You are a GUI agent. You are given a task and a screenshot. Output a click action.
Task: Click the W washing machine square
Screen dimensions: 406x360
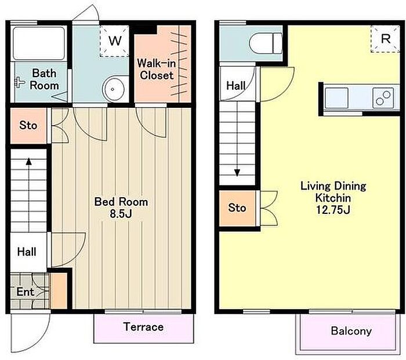pos(114,41)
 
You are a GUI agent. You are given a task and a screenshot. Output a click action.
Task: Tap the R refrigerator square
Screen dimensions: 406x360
pos(385,39)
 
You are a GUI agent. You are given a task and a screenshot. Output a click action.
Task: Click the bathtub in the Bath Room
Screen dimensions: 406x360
pos(39,43)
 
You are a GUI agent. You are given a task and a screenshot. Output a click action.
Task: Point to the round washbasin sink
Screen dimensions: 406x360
pos(113,89)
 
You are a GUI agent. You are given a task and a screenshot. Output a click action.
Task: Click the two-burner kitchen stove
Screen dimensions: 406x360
pos(383,98)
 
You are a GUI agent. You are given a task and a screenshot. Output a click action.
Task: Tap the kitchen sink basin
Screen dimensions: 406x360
pos(336,98)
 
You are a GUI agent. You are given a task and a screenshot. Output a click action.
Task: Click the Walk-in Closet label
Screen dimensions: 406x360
pos(157,69)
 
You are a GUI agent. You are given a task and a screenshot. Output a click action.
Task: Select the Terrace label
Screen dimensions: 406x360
pos(143,326)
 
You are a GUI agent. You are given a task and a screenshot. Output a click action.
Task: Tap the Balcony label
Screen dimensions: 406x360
pos(351,331)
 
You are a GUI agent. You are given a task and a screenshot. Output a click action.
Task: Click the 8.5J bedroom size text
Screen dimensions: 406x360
pos(121,214)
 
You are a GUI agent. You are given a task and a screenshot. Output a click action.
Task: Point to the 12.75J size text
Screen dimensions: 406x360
pos(333,210)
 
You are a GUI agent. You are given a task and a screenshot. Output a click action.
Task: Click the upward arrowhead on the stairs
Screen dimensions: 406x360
pos(29,162)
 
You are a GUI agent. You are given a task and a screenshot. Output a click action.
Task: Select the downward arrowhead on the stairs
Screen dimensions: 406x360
pos(237,173)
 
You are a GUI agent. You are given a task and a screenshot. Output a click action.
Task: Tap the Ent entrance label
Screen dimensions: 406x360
pos(25,292)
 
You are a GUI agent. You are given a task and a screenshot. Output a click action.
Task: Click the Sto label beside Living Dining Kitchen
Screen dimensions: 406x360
pos(237,208)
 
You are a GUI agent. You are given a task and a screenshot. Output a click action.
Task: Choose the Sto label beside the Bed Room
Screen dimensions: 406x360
pos(28,126)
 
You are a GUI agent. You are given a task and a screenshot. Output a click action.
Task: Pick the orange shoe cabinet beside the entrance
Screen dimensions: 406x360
pos(59,290)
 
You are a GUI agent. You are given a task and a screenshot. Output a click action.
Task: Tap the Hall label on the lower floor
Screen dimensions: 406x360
pos(27,252)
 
